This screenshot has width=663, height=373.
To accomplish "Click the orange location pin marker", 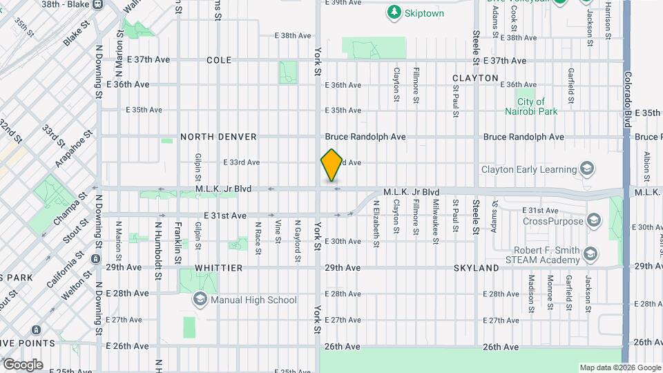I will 332,165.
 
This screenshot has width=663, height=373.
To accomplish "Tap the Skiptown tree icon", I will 394,12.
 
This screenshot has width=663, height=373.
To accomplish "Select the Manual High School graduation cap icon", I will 200,300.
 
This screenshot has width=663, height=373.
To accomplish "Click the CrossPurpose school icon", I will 593,221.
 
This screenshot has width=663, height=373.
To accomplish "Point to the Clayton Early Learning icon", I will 586,169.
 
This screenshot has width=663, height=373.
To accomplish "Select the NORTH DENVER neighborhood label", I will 218,137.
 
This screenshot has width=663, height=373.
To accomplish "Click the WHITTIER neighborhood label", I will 218,267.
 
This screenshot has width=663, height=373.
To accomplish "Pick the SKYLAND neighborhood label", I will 477,267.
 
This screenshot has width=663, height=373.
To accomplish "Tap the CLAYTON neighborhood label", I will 475,78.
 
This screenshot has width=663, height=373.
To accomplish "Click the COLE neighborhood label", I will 219,61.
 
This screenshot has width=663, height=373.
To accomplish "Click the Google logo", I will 22,364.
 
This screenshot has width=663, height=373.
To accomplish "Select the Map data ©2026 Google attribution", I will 619,367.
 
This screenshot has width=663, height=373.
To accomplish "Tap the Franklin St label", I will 177,242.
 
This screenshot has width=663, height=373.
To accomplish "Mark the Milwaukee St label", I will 436,222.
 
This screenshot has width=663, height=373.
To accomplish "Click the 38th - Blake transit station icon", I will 96,4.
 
